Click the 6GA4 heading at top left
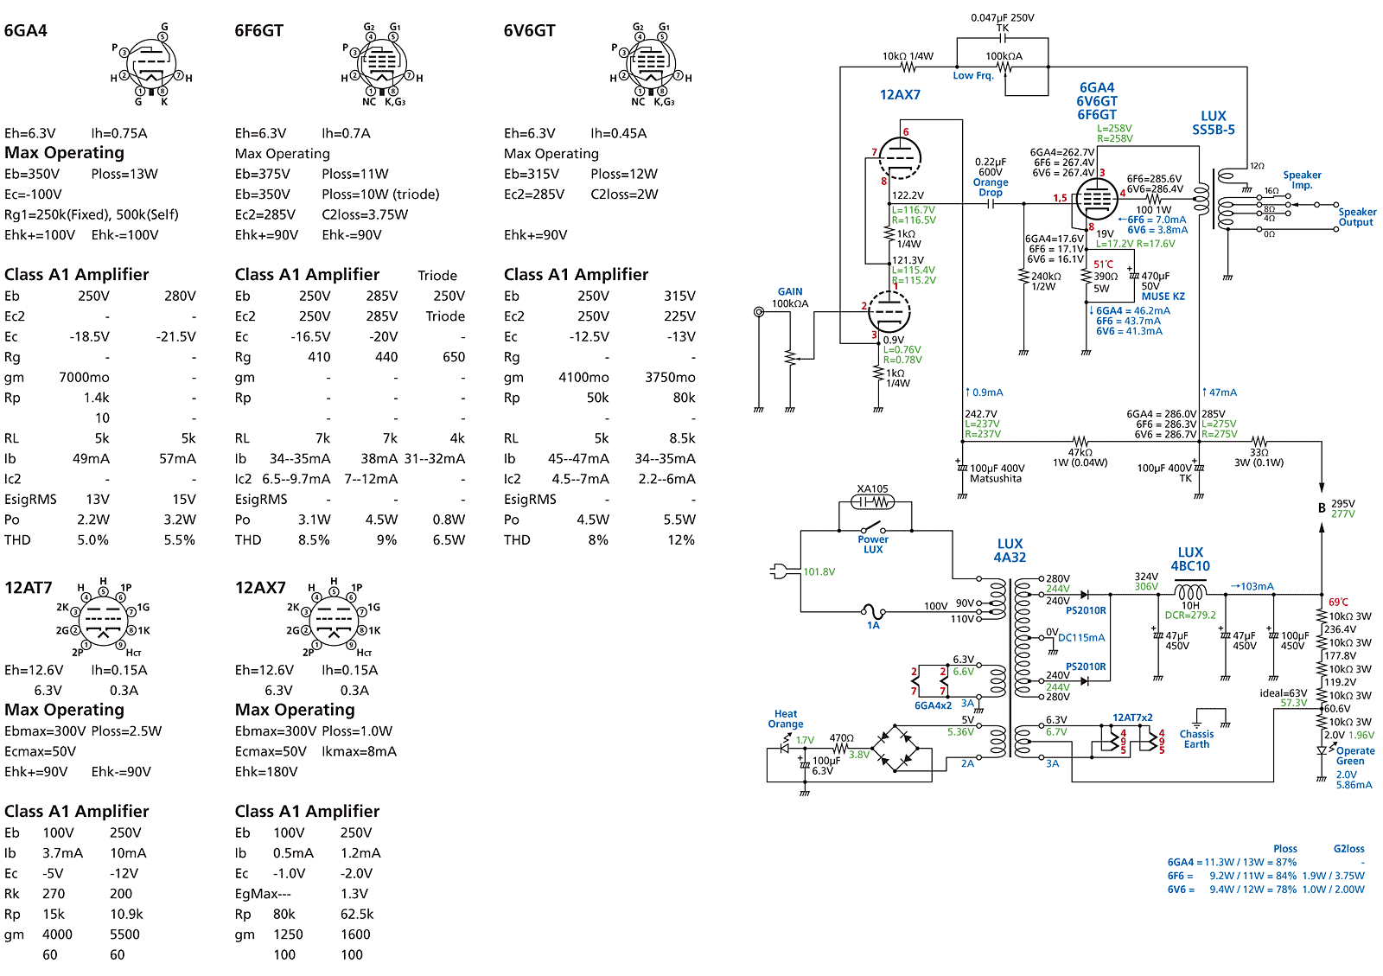click(25, 30)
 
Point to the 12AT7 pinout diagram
click(103, 616)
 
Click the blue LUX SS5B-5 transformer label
click(1214, 123)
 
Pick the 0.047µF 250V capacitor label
click(1002, 18)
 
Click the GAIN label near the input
click(790, 291)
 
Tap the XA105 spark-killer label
click(872, 488)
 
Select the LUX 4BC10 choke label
click(1189, 558)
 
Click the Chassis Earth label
click(1196, 739)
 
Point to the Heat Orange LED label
click(786, 718)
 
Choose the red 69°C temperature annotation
click(1338, 602)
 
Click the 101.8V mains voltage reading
click(819, 571)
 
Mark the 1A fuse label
click(873, 625)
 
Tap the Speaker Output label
click(1357, 217)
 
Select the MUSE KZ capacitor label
click(1163, 297)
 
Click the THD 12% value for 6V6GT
click(681, 539)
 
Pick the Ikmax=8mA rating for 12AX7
click(359, 751)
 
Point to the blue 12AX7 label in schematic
click(900, 94)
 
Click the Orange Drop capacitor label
click(991, 187)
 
